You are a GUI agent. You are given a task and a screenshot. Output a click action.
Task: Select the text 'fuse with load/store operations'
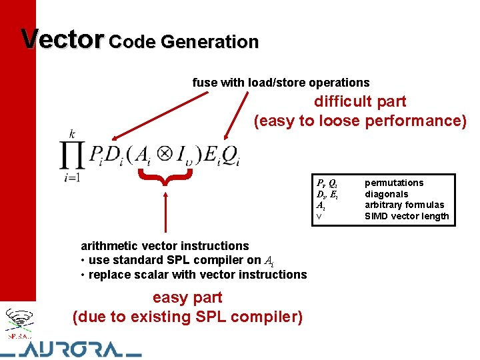281,83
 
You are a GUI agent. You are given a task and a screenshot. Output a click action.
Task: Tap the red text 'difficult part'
360,101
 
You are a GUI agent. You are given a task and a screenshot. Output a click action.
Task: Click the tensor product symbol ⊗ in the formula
163,155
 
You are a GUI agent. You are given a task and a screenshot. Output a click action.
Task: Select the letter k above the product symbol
72,134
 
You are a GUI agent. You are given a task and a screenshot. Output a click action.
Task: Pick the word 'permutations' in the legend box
394,183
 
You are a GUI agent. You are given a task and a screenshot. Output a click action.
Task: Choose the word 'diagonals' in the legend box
386,194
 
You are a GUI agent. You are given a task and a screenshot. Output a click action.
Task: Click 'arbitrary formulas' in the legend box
404,205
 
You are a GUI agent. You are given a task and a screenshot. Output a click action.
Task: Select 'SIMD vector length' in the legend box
407,216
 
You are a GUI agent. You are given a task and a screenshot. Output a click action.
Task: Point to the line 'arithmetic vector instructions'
165,246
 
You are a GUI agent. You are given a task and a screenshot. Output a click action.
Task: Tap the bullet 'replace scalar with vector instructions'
193,275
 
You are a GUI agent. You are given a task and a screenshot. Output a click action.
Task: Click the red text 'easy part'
187,297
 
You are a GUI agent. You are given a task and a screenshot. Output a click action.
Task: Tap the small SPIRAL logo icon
18,322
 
